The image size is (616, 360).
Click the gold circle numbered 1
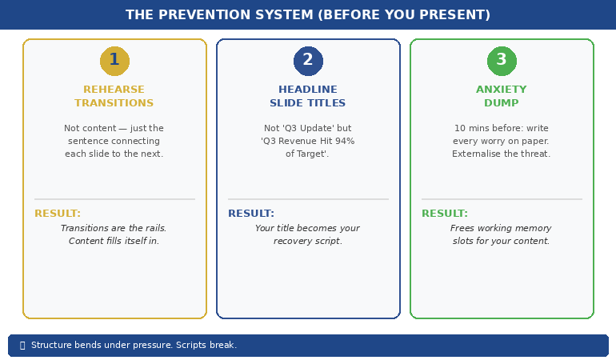[x=114, y=61]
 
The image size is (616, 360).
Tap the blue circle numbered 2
[x=308, y=61]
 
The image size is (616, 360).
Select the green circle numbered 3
[x=502, y=61]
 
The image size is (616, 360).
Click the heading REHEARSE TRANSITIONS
[x=114, y=96]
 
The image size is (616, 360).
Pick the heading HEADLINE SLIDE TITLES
[x=308, y=96]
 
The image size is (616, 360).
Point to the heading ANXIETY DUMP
[x=502, y=96]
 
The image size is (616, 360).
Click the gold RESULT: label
[x=58, y=214]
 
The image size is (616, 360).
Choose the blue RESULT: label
[x=251, y=214]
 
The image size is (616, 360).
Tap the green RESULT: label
[x=445, y=214]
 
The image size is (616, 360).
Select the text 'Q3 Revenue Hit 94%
[x=308, y=141]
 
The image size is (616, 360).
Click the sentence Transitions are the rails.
[x=114, y=228]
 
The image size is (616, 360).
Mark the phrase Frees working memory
[x=502, y=228]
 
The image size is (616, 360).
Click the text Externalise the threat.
[x=502, y=154]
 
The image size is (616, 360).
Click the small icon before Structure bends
[x=22, y=346]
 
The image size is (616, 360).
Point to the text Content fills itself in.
[x=114, y=241]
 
